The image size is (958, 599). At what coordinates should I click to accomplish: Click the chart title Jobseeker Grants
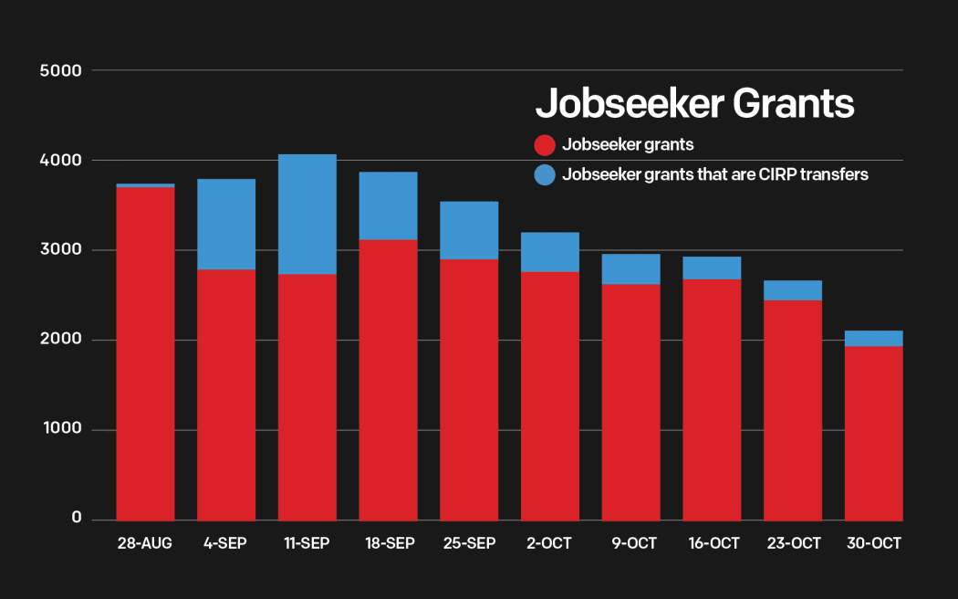[694, 103]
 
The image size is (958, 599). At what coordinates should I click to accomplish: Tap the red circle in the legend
[545, 145]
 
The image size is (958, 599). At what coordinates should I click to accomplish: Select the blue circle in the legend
[545, 174]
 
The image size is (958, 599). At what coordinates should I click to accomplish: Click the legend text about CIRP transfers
[715, 174]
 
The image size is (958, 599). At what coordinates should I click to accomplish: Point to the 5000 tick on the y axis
[60, 70]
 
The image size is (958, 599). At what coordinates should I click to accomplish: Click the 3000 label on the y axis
[60, 250]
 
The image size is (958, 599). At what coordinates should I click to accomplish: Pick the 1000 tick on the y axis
[60, 430]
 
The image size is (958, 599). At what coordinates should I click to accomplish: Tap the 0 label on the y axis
[77, 519]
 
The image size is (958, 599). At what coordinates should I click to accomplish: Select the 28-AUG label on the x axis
[144, 543]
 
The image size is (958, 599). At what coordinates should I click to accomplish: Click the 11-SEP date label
[307, 543]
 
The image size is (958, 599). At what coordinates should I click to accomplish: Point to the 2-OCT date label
[549, 543]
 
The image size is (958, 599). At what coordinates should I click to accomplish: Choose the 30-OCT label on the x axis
[874, 543]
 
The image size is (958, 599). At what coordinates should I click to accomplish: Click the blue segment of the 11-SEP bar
[307, 215]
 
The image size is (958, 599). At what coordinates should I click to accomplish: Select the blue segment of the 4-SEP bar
[226, 225]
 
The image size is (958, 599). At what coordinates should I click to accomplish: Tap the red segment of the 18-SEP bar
[388, 380]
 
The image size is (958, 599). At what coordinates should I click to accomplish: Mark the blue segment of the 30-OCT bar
[874, 339]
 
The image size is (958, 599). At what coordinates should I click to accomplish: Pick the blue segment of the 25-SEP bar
[469, 231]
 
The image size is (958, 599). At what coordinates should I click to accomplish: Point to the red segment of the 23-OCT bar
[793, 411]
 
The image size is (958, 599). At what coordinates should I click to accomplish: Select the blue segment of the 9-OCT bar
[630, 269]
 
